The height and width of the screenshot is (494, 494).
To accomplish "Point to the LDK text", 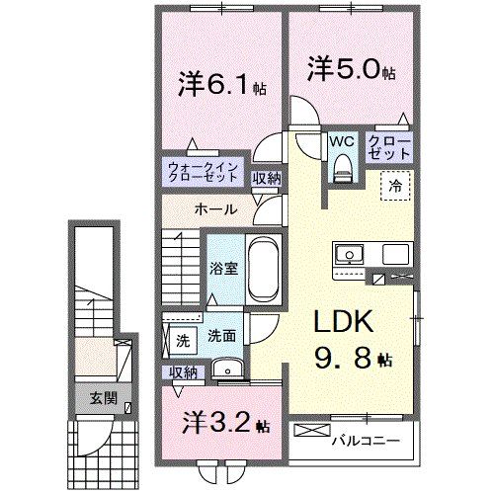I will click(343, 324).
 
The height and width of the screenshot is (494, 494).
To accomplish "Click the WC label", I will click(342, 140).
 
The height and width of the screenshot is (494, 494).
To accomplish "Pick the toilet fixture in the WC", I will click(342, 169).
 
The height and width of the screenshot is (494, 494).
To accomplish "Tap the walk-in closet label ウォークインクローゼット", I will click(202, 172).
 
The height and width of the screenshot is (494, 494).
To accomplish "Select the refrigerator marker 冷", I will click(394, 184).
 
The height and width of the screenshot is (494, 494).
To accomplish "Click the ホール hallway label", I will click(214, 209).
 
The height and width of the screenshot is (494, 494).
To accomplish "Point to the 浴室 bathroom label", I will click(221, 269).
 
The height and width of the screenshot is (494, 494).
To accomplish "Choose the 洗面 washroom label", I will click(220, 336).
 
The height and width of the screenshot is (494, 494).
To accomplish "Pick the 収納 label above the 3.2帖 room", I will click(183, 371).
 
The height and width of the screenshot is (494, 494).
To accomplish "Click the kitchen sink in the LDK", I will click(348, 255).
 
